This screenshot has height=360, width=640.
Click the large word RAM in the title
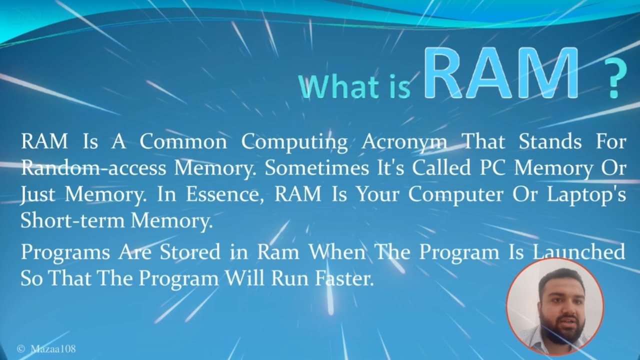coord(502,74)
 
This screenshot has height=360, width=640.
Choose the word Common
coord(183,142)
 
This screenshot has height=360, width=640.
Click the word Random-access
coord(93,168)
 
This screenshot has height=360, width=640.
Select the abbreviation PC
coord(492,168)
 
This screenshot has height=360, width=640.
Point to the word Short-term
coord(73,221)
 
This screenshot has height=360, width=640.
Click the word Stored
coord(190,252)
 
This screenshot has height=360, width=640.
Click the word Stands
coord(550,142)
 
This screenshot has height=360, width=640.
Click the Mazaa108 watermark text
coord(53,348)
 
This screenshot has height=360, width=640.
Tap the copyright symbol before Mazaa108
coord(21,348)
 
